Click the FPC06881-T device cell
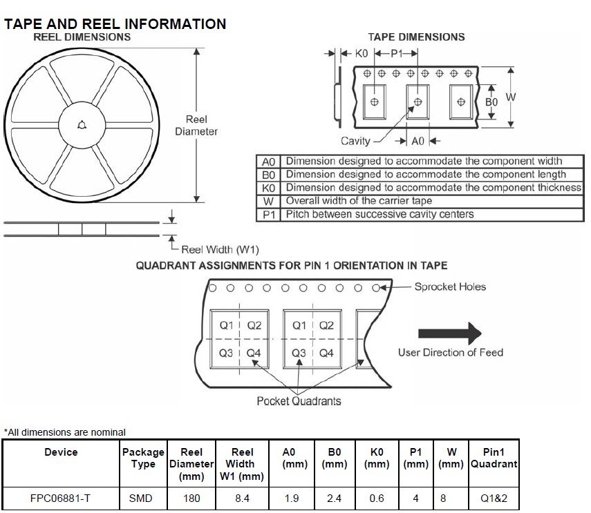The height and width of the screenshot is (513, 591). click(x=61, y=497)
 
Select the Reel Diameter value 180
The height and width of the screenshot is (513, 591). click(x=191, y=497)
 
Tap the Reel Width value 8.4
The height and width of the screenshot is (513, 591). click(x=242, y=497)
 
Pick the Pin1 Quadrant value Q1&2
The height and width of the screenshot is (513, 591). click(x=494, y=497)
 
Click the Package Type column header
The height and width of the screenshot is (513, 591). click(x=143, y=458)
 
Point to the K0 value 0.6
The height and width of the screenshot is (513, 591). click(x=377, y=497)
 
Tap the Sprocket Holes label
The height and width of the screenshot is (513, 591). click(x=450, y=287)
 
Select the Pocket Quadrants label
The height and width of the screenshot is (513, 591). click(x=299, y=400)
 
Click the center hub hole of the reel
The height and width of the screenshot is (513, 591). click(x=82, y=125)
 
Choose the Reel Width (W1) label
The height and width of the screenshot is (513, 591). click(x=220, y=249)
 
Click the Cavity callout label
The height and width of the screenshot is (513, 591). click(x=357, y=141)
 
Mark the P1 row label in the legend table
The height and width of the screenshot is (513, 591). click(x=269, y=214)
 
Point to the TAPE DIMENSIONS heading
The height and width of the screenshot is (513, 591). click(x=416, y=37)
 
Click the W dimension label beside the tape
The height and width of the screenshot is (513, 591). click(x=511, y=97)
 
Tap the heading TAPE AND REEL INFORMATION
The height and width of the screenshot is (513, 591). click(x=115, y=24)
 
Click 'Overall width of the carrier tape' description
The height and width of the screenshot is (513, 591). click(x=359, y=201)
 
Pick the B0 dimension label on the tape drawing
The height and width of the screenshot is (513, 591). click(x=491, y=101)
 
